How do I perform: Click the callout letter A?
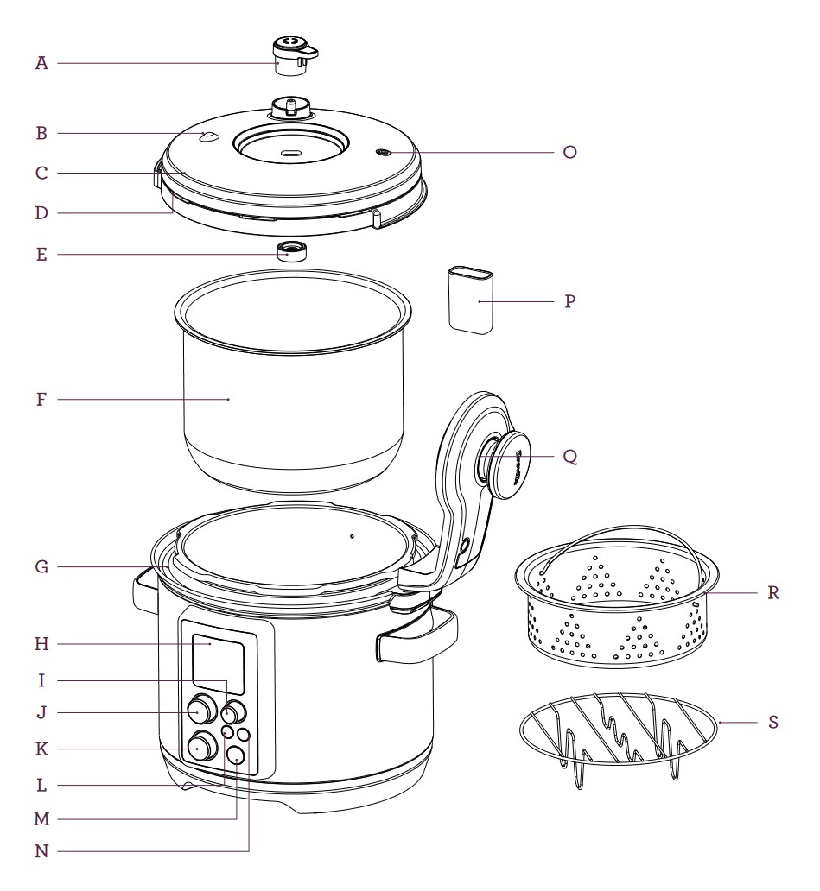point(41,63)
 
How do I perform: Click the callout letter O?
point(568,152)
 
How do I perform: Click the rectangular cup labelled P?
point(471,300)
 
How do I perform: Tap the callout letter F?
point(41,400)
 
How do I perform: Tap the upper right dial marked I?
point(232,713)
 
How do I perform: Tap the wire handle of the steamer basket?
point(622,529)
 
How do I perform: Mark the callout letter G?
point(41,567)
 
